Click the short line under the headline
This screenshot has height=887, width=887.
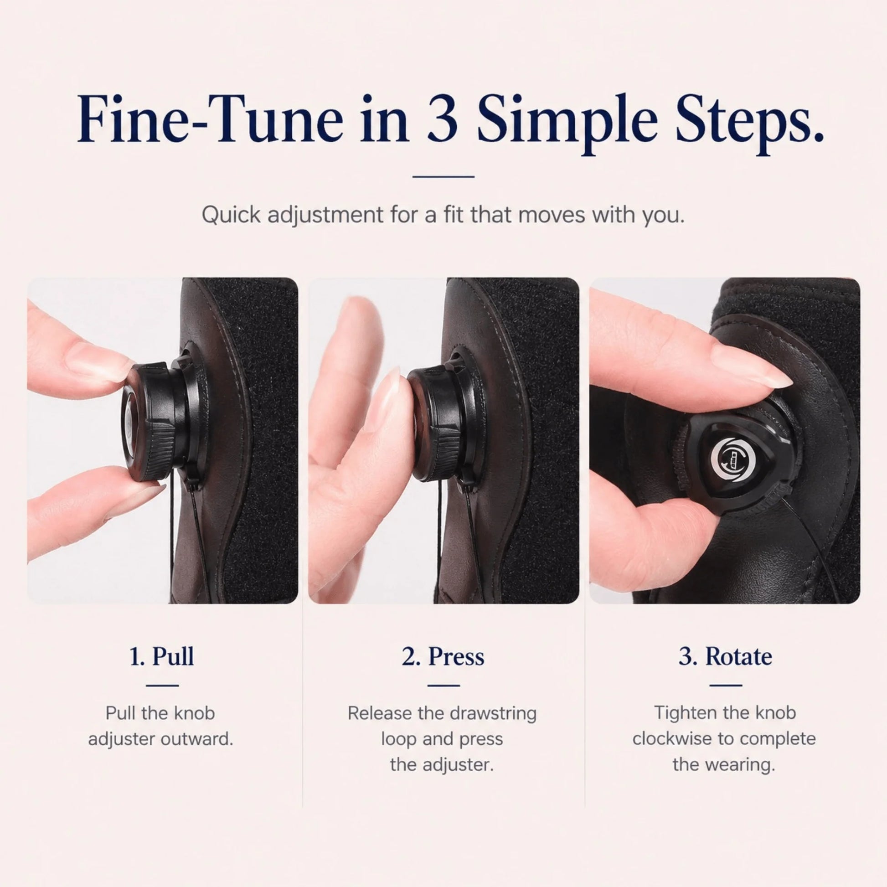point(443,176)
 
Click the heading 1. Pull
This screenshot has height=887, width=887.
point(162,656)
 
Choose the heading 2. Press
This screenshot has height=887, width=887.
point(443,656)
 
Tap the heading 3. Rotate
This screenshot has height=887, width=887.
point(725,656)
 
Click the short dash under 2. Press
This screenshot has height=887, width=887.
point(443,686)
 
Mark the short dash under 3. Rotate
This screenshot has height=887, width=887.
point(725,686)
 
